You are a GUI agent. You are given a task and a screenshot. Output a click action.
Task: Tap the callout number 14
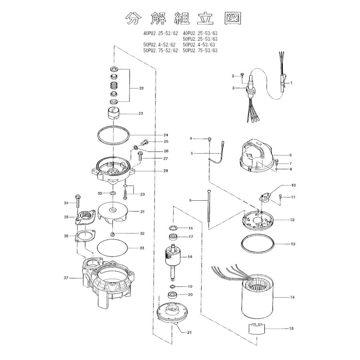pos(292,297)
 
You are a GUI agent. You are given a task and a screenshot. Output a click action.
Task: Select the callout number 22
pos(141,88)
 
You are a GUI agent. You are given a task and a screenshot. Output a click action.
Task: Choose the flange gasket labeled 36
pos(84,237)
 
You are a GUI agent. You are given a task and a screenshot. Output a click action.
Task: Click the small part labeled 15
pos(257,329)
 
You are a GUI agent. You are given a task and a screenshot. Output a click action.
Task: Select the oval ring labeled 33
pos(113,248)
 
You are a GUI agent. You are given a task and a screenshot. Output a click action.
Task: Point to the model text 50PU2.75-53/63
pos(200,51)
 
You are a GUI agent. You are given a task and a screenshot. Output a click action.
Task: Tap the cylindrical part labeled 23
pos(114,114)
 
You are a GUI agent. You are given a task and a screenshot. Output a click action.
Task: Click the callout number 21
pos(188,332)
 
